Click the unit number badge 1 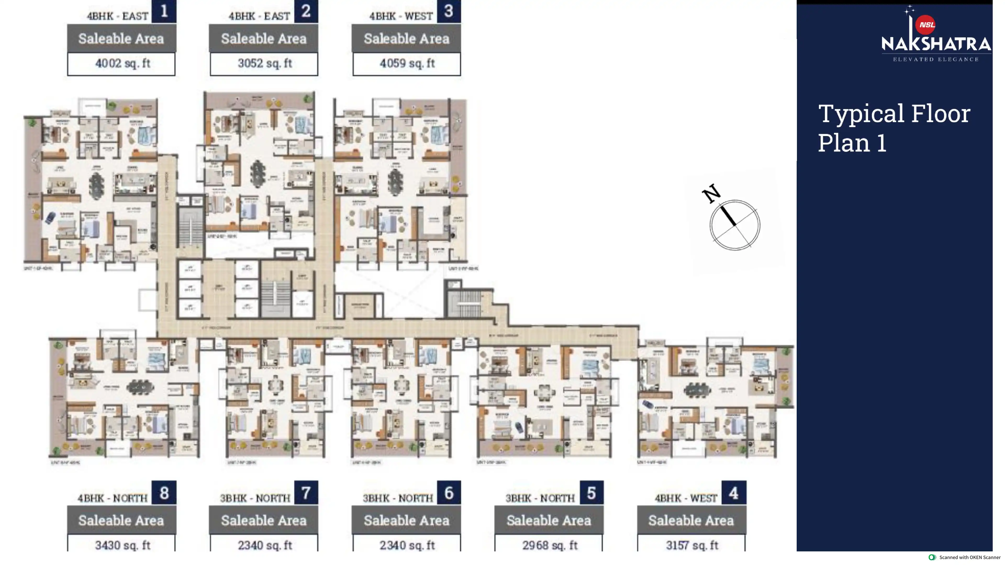tap(164, 11)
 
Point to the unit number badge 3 tap(449, 11)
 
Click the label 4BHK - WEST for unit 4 tap(685, 498)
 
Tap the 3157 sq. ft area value tap(692, 545)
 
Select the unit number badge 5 tap(591, 493)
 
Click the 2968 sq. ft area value tap(549, 545)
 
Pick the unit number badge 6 tap(449, 493)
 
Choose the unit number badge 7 tap(306, 493)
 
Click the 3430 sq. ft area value tap(122, 545)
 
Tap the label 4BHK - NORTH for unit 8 tap(112, 498)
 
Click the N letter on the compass tap(711, 193)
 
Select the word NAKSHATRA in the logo tap(936, 44)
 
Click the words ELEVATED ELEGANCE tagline tap(936, 60)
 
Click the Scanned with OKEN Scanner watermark tap(965, 558)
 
